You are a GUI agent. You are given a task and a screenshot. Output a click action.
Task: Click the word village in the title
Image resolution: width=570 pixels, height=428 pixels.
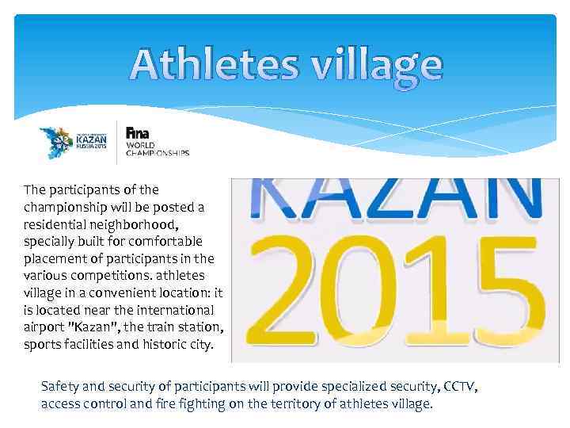[378, 65]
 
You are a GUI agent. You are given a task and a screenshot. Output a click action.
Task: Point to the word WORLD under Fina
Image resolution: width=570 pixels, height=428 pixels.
[141, 144]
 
